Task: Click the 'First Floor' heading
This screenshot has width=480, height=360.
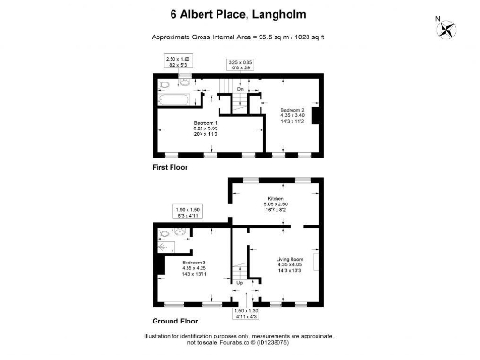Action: pyautogui.click(x=171, y=167)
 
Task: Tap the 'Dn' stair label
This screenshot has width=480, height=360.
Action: pyautogui.click(x=240, y=89)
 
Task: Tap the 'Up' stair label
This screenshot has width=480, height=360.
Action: pyautogui.click(x=239, y=282)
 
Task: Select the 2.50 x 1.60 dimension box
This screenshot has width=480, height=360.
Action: pyautogui.click(x=177, y=61)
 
